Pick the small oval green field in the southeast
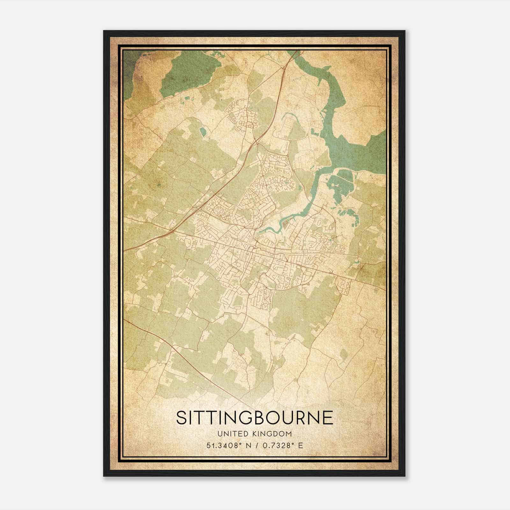344,354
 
